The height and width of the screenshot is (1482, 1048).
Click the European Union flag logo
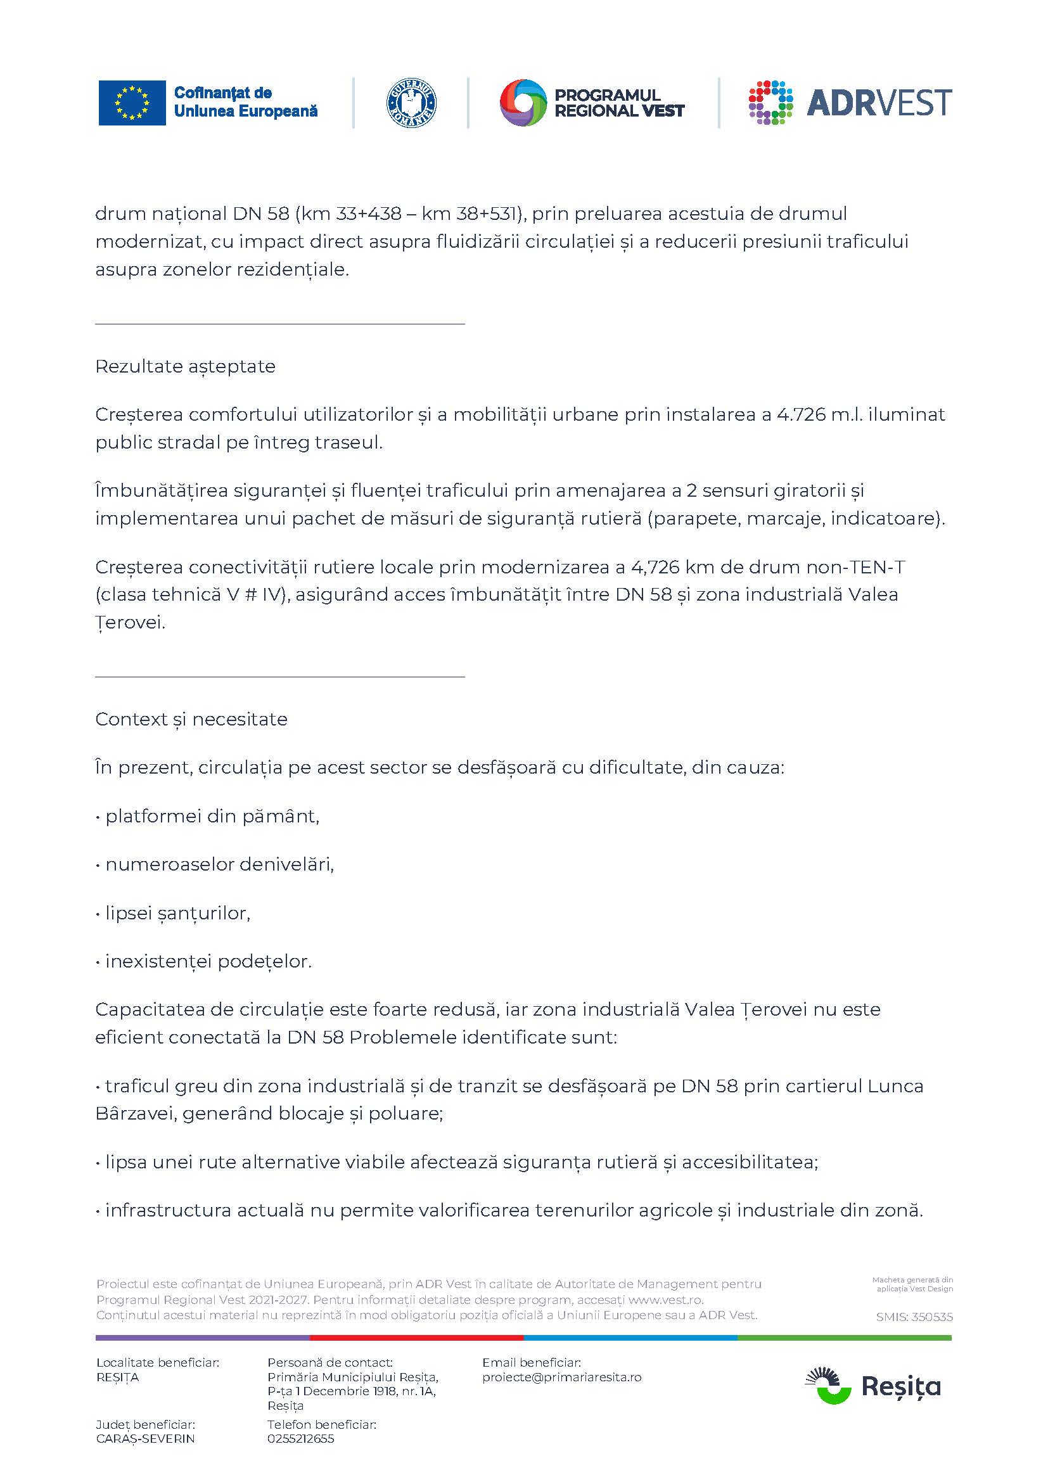point(132,103)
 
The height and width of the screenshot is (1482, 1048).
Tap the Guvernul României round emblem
point(411,103)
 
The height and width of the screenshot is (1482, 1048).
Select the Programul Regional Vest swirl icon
point(523,103)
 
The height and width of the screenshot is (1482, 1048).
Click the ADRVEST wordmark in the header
point(879,103)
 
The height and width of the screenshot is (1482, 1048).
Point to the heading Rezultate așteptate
point(185,367)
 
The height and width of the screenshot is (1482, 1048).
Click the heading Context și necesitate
point(191,720)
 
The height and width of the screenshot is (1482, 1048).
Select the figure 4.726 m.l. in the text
point(819,414)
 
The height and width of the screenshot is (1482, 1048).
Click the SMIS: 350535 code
point(914,1317)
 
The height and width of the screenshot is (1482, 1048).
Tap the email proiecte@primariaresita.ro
point(561,1377)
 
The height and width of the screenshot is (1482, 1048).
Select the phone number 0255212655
point(301,1439)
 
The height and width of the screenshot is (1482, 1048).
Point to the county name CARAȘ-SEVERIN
point(145,1439)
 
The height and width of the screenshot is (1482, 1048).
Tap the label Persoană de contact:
point(329,1363)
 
